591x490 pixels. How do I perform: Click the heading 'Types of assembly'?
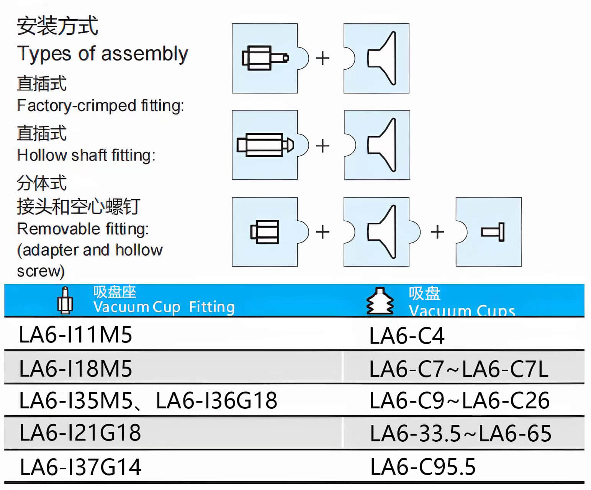pyautogui.click(x=102, y=54)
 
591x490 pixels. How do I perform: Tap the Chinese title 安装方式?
pyautogui.click(x=57, y=26)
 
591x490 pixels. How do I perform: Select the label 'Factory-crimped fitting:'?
pyautogui.click(x=100, y=106)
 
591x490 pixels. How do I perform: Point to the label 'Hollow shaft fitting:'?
pyautogui.click(x=86, y=155)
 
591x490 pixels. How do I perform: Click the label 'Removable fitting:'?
pyautogui.click(x=83, y=229)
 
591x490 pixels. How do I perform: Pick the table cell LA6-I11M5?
pyautogui.click(x=75, y=334)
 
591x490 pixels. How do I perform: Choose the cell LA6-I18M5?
pyautogui.click(x=75, y=369)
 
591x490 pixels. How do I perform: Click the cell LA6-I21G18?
pyautogui.click(x=80, y=433)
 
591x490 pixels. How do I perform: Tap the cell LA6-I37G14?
pyautogui.click(x=80, y=467)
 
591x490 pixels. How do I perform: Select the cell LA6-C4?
pyautogui.click(x=407, y=336)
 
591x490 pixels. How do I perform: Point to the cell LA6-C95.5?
pyautogui.click(x=423, y=467)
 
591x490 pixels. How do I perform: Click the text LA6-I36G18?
pyautogui.click(x=216, y=401)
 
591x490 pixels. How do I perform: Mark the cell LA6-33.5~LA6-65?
pyautogui.click(x=460, y=434)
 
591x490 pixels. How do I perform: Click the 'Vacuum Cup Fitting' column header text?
pyautogui.click(x=164, y=307)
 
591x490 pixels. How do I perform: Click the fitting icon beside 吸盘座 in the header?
pyautogui.click(x=65, y=301)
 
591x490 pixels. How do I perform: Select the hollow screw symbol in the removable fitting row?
pyautogui.click(x=493, y=232)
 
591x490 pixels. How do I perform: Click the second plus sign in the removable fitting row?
pyautogui.click(x=437, y=232)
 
